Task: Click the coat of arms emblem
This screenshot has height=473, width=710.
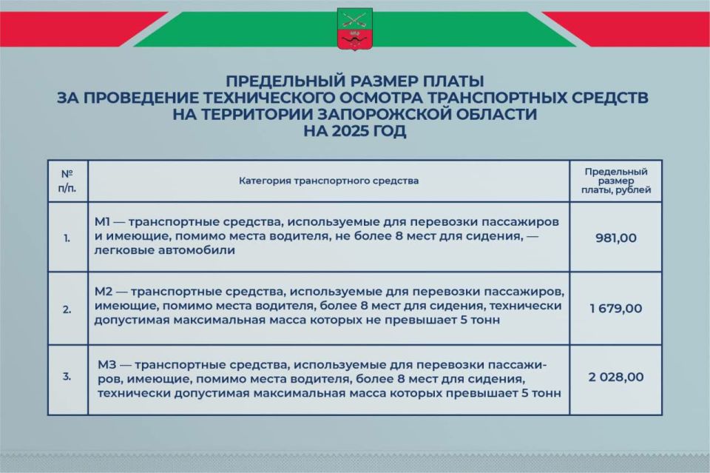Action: click(x=354, y=29)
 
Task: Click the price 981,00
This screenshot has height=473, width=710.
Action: click(x=616, y=238)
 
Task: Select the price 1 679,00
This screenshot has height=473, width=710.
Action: click(x=616, y=308)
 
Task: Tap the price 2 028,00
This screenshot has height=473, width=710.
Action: click(x=616, y=377)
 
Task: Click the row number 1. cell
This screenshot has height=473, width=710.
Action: click(x=67, y=238)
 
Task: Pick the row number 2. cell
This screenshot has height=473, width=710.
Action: click(x=67, y=309)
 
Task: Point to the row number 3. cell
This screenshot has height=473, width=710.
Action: click(x=67, y=377)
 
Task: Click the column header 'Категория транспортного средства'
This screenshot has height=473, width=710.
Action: click(x=328, y=181)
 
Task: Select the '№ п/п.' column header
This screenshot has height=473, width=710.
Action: click(x=67, y=181)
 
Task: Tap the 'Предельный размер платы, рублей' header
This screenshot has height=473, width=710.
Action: click(x=616, y=181)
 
